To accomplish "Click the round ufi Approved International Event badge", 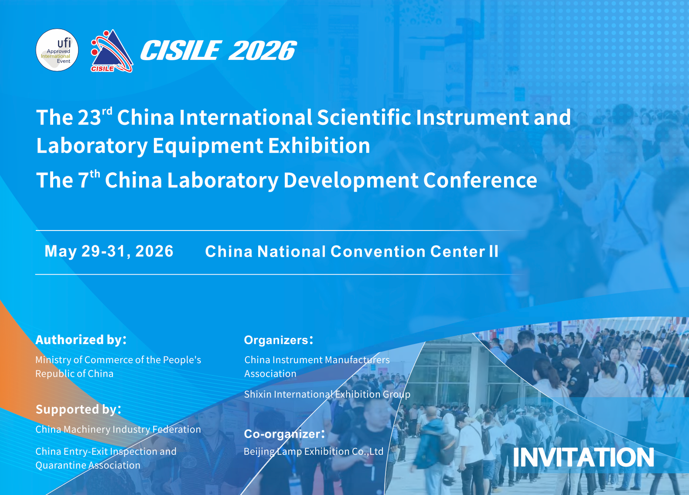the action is (57, 50).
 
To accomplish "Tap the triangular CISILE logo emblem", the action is (112, 51).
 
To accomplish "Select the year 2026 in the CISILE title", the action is (263, 51).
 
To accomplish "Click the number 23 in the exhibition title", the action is (89, 117).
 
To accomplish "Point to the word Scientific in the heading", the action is (364, 117).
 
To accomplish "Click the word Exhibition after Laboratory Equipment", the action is (319, 146).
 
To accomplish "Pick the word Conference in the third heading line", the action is (480, 180).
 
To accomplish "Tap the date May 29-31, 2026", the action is (109, 251).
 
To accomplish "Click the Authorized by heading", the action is (81, 340).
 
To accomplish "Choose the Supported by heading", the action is (78, 409).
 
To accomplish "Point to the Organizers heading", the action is (279, 340).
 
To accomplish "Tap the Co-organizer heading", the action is (284, 434).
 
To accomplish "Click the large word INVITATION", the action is (583, 457).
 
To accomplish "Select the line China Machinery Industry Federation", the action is (118, 430).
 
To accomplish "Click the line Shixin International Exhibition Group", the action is (327, 394).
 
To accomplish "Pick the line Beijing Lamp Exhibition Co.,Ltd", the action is (314, 452).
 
